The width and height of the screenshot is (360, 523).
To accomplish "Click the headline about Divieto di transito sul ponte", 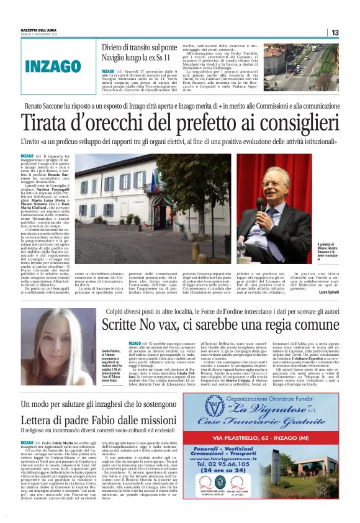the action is pos(137,52).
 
